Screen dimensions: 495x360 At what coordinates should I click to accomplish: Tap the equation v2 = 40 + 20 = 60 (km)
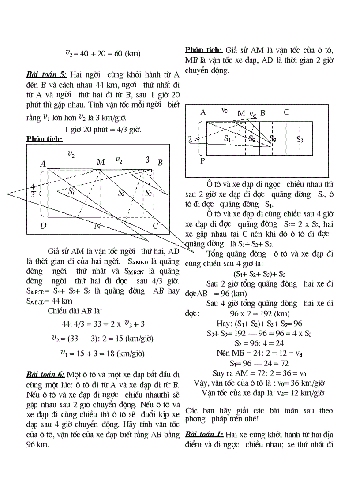click(x=102, y=54)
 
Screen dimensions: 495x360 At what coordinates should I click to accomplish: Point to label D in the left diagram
click(x=43, y=226)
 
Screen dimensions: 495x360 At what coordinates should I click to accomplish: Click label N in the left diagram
click(x=97, y=226)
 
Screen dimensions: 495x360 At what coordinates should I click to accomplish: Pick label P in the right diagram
click(x=202, y=160)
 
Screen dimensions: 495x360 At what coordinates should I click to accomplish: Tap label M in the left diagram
click(x=101, y=162)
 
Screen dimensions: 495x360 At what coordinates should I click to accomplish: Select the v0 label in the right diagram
click(x=225, y=111)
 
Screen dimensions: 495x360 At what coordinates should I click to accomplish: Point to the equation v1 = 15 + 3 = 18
click(x=102, y=353)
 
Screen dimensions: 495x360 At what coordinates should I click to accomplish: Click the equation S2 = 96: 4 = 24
click(x=259, y=343)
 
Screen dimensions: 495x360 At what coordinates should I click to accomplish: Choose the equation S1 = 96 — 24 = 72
click(x=259, y=363)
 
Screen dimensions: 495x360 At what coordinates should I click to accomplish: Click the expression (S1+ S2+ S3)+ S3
click(x=259, y=273)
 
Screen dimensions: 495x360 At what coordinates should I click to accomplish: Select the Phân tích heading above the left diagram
click(x=45, y=139)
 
